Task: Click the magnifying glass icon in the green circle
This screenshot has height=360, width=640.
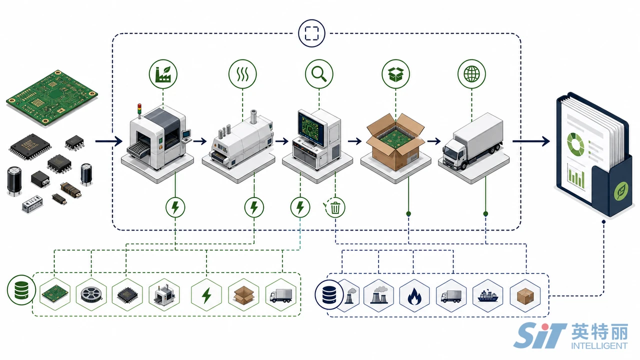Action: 319,74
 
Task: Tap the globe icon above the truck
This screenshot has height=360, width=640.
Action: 471,73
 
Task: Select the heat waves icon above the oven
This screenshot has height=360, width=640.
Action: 242,74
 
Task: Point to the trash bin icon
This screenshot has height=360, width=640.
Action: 335,207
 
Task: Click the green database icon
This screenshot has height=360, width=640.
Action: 21,290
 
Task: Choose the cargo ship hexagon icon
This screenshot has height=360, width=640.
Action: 488,295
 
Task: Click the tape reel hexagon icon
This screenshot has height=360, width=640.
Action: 91,294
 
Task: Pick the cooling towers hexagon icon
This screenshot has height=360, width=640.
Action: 379,295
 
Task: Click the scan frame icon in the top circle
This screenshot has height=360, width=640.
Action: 311,33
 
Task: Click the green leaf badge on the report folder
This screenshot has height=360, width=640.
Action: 621,191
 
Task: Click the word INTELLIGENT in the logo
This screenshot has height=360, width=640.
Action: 599,345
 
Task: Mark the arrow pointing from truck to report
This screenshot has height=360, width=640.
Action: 531,141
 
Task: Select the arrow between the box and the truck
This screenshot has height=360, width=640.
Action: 434,141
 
